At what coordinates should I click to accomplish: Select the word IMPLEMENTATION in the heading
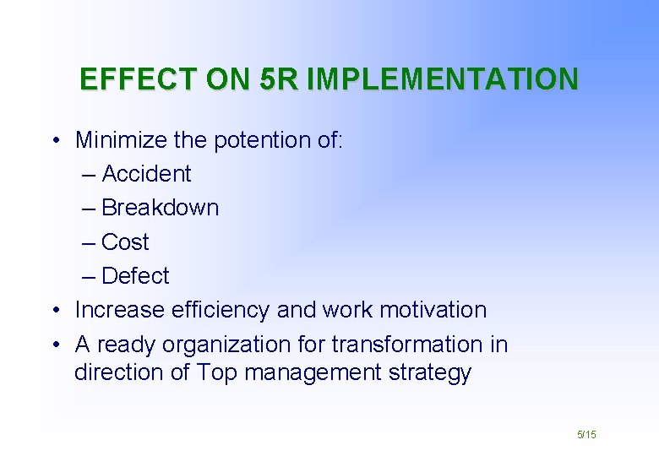(x=444, y=79)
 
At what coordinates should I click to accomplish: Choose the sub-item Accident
(x=146, y=174)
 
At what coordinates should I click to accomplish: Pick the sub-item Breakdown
(x=160, y=208)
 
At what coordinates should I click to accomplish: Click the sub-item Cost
(x=125, y=242)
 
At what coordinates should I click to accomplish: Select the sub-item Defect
(x=135, y=276)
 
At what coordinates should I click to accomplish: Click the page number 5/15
(x=586, y=434)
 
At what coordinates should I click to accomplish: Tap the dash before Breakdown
(x=90, y=208)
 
